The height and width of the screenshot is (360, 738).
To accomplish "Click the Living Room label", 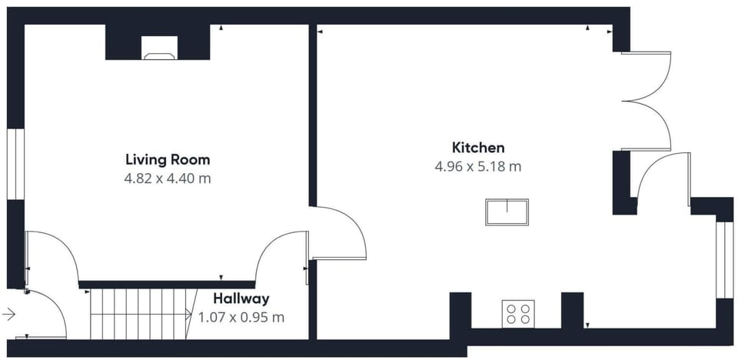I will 168,160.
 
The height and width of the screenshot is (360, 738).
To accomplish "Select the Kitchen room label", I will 478,147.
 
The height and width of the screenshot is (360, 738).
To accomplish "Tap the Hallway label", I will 241,298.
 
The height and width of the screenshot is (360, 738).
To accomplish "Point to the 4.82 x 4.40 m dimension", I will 168,178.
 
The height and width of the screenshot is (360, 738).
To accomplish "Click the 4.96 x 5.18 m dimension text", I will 478,165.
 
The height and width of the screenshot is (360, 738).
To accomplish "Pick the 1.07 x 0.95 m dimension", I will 241,317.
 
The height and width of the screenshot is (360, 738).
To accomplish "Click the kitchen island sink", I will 507,212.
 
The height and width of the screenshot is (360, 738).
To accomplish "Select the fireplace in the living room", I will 158,54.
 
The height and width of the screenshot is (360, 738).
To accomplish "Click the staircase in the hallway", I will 138,313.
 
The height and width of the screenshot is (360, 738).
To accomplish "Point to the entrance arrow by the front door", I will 9,314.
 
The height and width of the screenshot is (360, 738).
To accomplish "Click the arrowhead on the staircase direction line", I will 190,313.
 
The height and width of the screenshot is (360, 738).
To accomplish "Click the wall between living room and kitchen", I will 313,115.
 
